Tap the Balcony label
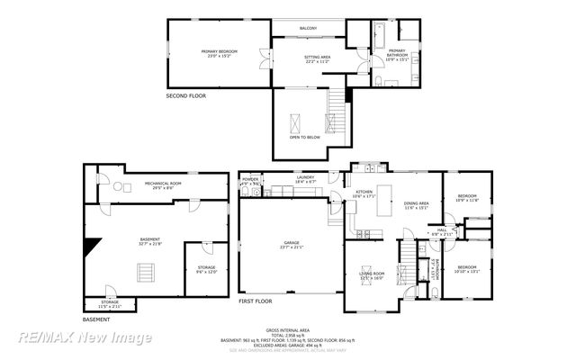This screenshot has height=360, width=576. click(309, 29)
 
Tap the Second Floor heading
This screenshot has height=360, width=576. click(187, 95)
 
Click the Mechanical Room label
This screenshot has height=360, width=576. click(163, 185)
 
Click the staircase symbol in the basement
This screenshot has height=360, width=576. click(144, 272)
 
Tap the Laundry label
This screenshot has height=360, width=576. click(305, 180)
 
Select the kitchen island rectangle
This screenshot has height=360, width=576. click(382, 195)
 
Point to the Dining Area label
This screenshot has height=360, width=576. click(416, 206)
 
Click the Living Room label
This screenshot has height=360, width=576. click(372, 275)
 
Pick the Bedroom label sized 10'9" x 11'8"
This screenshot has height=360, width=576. click(466, 197)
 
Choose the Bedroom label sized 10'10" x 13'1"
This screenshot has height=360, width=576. click(466, 268)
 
